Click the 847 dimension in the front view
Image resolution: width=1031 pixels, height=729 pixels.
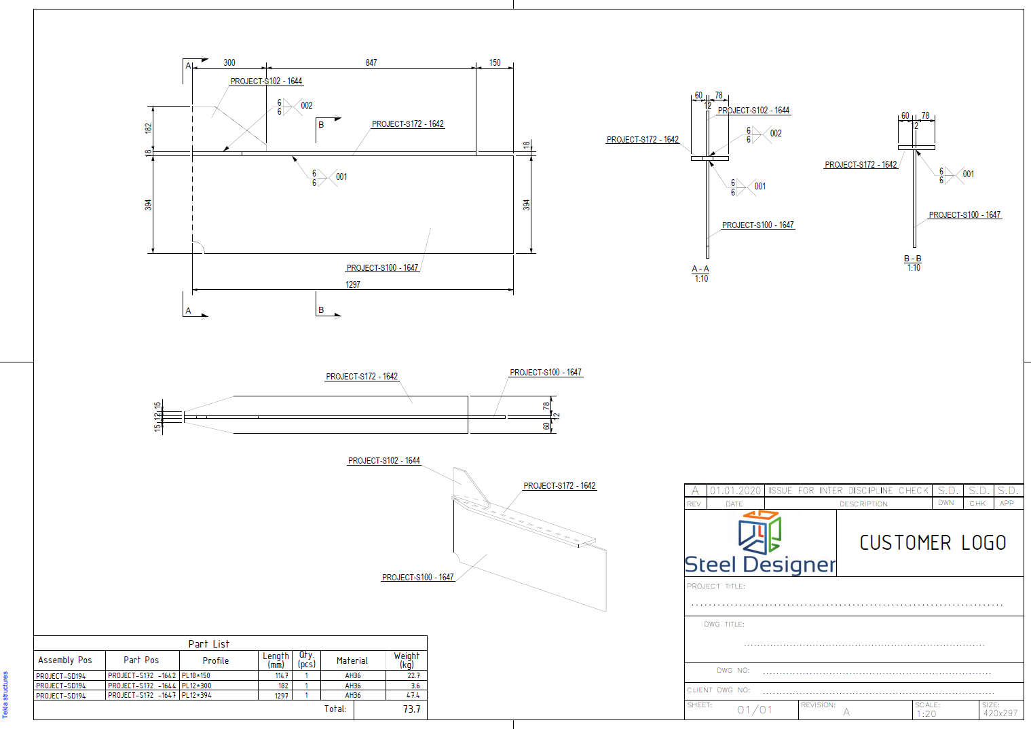click(x=371, y=62)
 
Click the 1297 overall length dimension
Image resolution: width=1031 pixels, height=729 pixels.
click(x=353, y=284)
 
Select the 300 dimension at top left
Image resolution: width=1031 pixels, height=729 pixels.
click(x=229, y=62)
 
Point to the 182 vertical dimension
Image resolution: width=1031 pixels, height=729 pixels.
click(x=148, y=128)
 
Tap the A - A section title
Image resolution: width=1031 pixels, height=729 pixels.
click(x=700, y=269)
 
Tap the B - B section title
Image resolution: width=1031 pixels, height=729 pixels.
click(x=913, y=259)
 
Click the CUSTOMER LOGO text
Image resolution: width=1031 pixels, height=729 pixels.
click(x=933, y=543)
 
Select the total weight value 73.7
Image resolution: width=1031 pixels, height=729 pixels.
click(x=411, y=709)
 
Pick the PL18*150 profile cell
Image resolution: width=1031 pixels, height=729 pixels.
click(x=196, y=676)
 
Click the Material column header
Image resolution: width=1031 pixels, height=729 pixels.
click(x=352, y=660)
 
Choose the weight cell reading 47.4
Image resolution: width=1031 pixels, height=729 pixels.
click(x=413, y=695)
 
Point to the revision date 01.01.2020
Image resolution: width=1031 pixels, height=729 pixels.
click(x=736, y=491)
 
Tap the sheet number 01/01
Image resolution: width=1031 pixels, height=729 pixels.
click(x=755, y=710)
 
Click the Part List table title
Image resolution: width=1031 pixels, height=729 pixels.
click(x=209, y=643)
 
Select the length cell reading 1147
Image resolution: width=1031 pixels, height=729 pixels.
click(x=281, y=676)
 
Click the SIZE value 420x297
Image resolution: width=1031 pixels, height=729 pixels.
click(x=1000, y=713)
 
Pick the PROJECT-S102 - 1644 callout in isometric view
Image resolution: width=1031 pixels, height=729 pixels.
click(x=384, y=461)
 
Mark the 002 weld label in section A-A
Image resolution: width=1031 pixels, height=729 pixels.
click(x=776, y=134)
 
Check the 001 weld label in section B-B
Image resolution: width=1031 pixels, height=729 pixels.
click(x=969, y=174)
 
